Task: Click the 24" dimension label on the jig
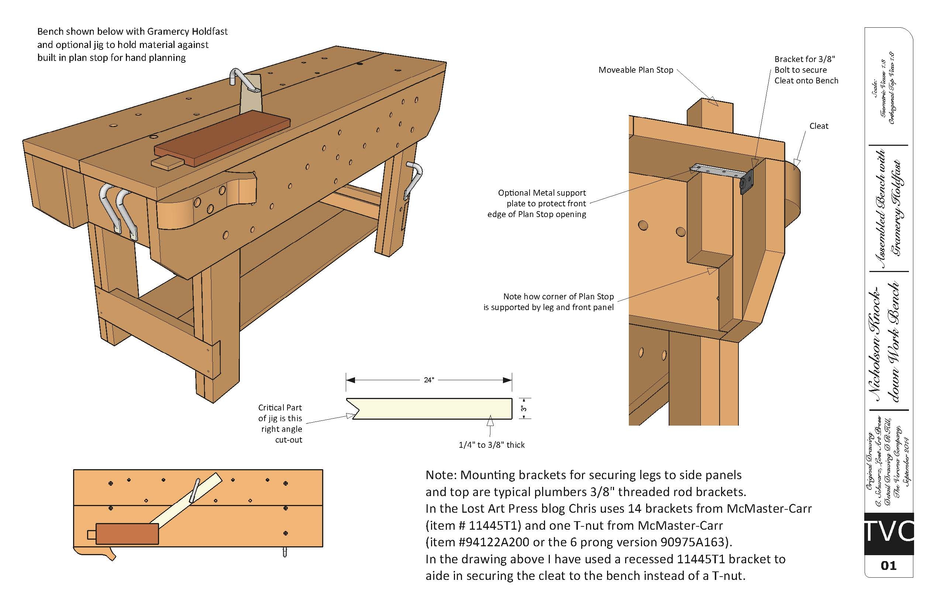428,380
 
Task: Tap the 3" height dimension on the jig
524,409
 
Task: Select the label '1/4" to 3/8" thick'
491,445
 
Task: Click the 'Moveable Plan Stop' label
635,70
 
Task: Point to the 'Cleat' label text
818,126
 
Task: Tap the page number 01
888,566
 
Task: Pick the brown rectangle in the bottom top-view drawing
127,534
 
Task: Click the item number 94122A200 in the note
491,542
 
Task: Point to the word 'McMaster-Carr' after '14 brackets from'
769,509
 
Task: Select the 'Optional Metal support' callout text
542,193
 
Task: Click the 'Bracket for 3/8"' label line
804,59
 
